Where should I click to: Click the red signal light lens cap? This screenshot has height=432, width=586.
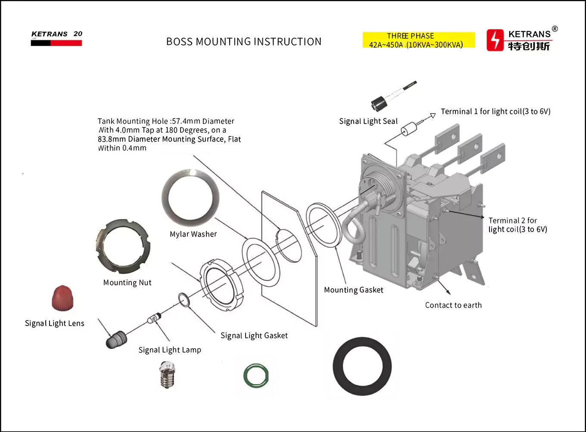63,298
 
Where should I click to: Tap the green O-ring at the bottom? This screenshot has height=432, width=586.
256,376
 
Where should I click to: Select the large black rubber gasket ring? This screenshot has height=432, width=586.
362,366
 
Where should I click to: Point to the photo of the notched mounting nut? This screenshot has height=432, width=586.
123,243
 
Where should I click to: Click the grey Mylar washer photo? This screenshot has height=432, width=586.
190,198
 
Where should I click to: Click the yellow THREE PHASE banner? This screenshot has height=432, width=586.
418,40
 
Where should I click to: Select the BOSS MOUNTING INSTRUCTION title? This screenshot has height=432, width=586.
244,42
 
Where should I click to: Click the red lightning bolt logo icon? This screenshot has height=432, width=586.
495,40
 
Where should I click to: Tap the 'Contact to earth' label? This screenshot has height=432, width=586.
453,305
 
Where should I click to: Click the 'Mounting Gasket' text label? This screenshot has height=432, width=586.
353,290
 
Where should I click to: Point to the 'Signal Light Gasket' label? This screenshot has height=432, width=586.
254,336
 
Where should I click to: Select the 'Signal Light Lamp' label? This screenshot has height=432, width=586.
170,350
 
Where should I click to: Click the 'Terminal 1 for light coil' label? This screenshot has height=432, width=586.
496,112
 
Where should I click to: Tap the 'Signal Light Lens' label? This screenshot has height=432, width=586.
54,323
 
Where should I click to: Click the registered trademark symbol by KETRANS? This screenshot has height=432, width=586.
555,29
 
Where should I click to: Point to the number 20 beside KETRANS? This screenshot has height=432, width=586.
78,34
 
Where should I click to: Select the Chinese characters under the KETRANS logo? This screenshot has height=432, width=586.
529,46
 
